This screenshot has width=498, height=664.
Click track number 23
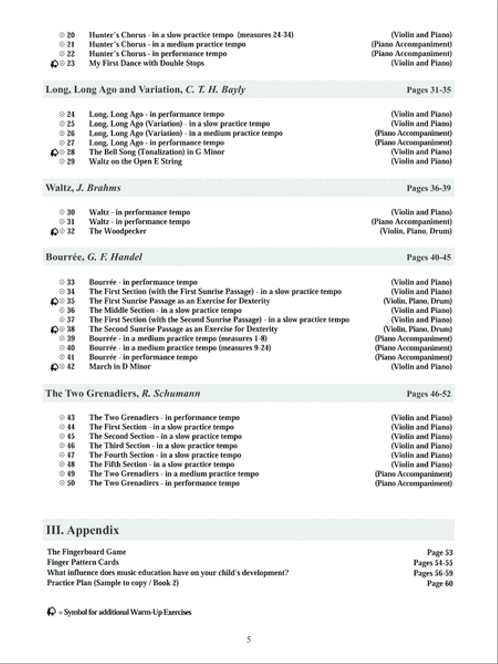click(70, 64)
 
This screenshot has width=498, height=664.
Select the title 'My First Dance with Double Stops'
click(146, 64)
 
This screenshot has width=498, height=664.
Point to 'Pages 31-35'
click(429, 90)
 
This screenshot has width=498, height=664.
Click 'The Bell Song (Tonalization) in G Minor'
click(157, 152)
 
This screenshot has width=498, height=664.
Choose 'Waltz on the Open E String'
click(135, 162)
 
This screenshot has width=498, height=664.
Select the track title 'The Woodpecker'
click(117, 231)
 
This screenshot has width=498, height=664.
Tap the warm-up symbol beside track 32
click(53, 232)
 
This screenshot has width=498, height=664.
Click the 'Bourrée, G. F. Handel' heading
click(94, 257)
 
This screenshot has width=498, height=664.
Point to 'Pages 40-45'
click(429, 258)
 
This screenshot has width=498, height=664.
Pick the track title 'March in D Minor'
click(120, 367)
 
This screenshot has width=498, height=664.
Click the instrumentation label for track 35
click(417, 302)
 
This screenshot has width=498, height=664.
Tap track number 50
click(70, 484)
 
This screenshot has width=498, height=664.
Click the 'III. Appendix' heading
click(82, 531)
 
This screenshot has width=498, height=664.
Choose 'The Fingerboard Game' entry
click(86, 552)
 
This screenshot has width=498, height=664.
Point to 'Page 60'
click(440, 584)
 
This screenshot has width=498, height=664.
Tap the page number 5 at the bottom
click(249, 640)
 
